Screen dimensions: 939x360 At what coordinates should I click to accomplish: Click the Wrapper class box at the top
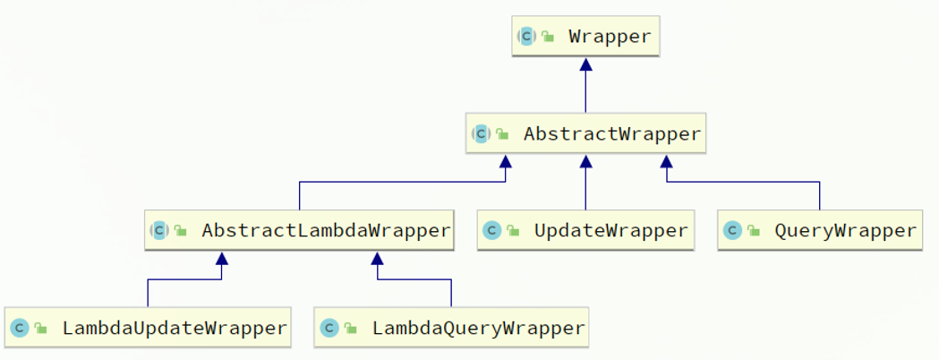[x=585, y=37]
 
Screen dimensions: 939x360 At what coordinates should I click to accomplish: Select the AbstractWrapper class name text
[x=612, y=133]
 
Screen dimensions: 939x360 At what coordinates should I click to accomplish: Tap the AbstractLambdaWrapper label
[x=326, y=231]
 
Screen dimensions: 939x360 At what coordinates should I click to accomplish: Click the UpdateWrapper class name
[x=610, y=231]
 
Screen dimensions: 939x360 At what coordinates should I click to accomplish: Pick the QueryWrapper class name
[x=845, y=231]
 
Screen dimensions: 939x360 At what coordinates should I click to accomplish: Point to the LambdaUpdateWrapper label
[x=175, y=329]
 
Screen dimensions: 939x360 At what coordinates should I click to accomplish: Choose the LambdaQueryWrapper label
[x=479, y=329]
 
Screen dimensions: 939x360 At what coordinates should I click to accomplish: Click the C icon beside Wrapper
[x=526, y=37]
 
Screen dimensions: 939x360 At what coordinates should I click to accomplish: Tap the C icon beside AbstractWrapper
[x=481, y=133]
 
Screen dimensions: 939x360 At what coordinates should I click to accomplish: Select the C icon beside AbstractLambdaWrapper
[x=159, y=231]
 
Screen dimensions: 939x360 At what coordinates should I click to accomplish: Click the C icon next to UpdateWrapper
[x=492, y=231]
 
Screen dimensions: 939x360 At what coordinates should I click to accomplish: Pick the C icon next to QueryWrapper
[x=732, y=231]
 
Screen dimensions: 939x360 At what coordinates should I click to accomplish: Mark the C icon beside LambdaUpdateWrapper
[x=20, y=329]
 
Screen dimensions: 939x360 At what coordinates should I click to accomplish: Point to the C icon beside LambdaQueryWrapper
[x=330, y=329]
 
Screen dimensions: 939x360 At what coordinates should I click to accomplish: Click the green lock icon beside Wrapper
[x=548, y=37]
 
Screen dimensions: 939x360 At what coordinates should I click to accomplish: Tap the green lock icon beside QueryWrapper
[x=754, y=231]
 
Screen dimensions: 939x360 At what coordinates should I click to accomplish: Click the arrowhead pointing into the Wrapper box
[x=585, y=64]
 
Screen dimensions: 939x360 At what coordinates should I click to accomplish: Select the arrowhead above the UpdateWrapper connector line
[x=585, y=162]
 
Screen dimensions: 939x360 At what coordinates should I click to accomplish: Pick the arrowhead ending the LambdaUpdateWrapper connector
[x=222, y=259]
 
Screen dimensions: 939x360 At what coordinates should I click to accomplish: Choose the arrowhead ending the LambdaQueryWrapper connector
[x=377, y=259]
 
